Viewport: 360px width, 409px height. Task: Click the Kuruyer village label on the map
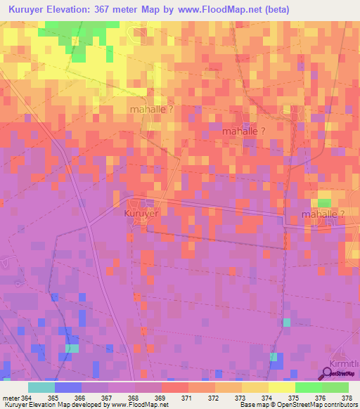coord(142,213)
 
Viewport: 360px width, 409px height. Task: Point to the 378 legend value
coord(347,398)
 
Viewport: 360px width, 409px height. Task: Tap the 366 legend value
coord(81,398)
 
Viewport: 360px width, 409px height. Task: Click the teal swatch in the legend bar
coord(41,387)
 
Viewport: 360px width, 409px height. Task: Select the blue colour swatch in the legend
coord(68,387)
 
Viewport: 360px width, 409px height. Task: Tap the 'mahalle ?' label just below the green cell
coord(323,214)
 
